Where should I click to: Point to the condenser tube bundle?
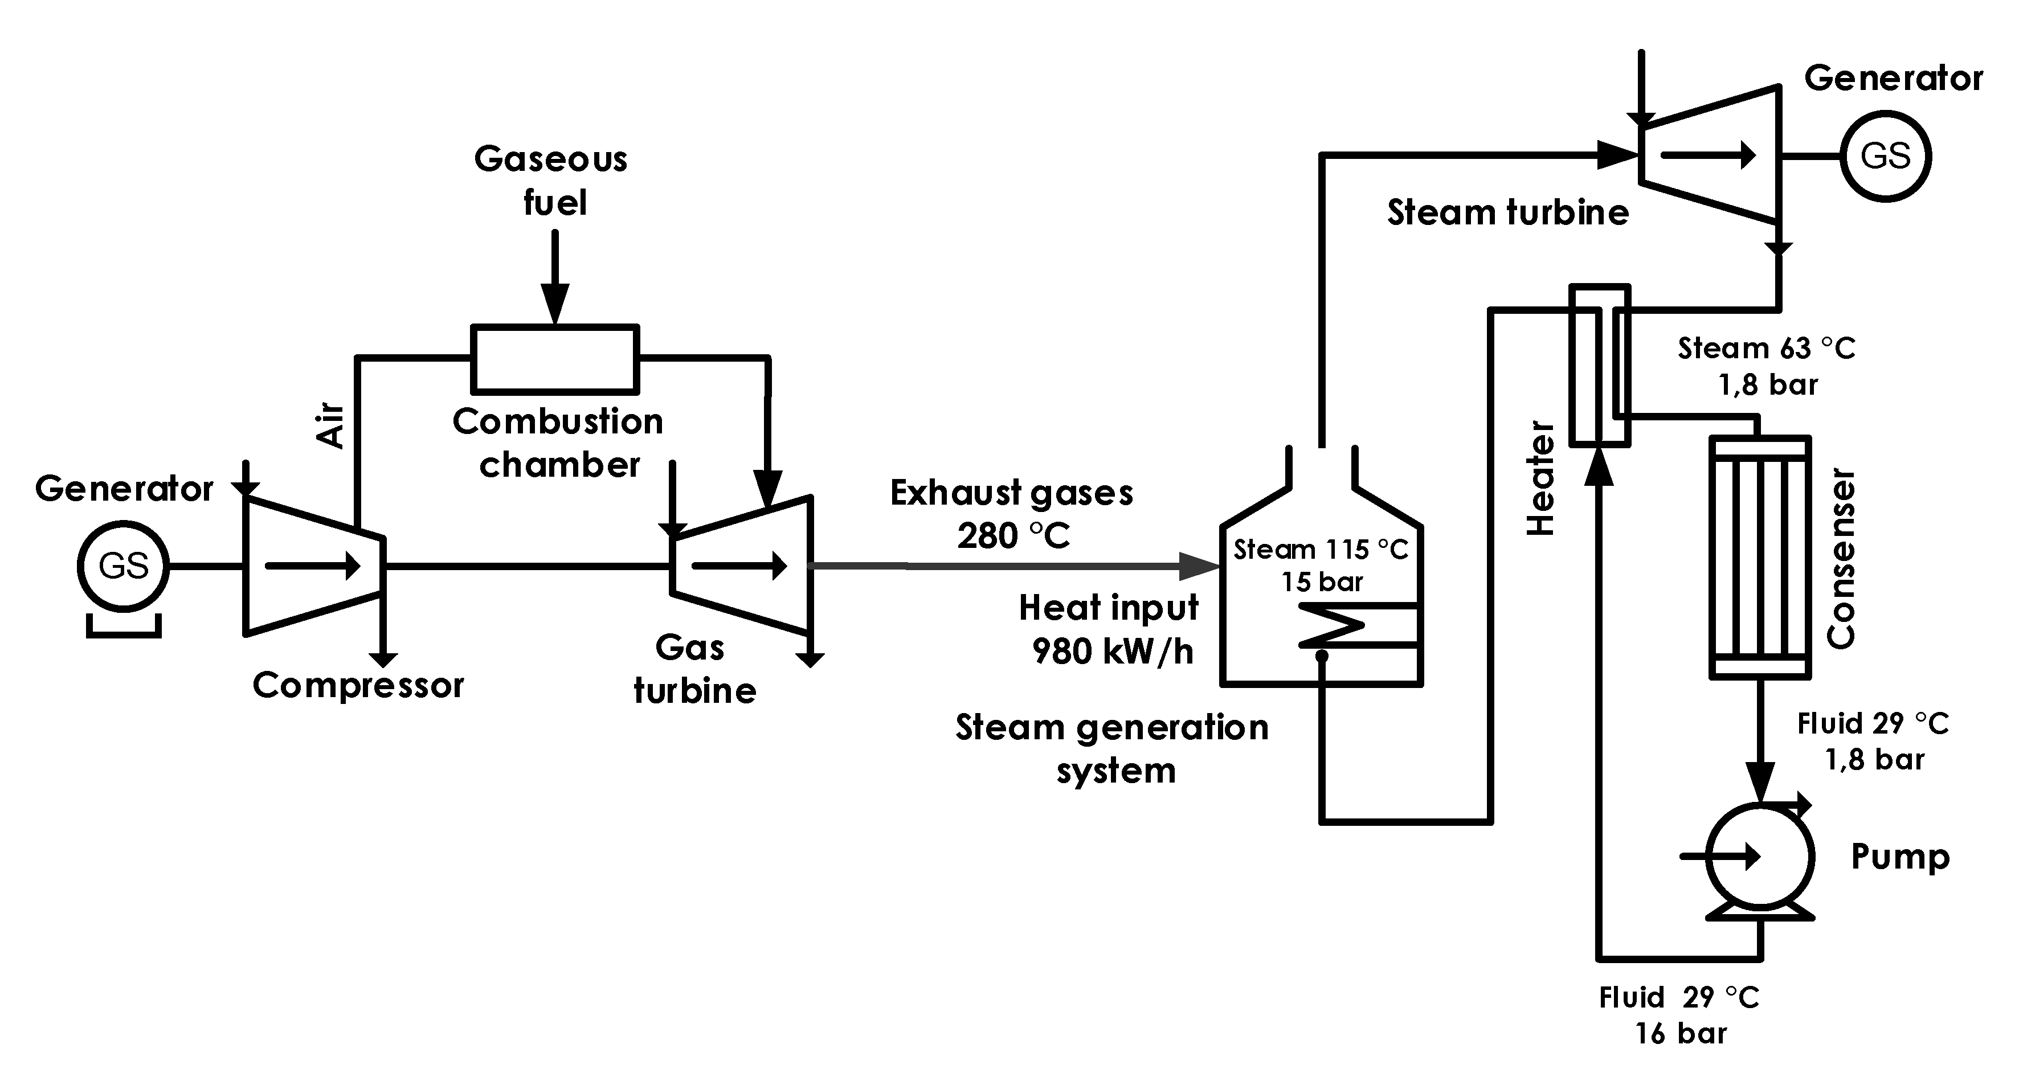coord(1760,557)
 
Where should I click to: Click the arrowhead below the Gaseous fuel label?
coord(555,304)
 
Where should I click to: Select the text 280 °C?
coord(1013,537)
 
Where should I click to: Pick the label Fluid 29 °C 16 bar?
coord(1679,1015)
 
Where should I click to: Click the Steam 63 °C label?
coord(1767,348)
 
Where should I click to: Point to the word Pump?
coord(1900,857)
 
